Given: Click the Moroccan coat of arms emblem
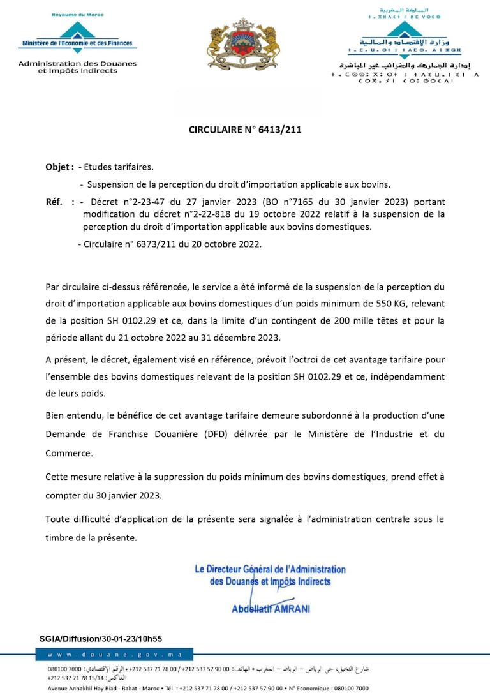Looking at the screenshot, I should (x=243, y=44).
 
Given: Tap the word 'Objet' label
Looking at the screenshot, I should (x=58, y=167).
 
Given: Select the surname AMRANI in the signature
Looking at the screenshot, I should (x=292, y=609).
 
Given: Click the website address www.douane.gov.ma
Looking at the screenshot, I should (x=115, y=655).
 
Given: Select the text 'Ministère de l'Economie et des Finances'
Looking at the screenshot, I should (x=77, y=43).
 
